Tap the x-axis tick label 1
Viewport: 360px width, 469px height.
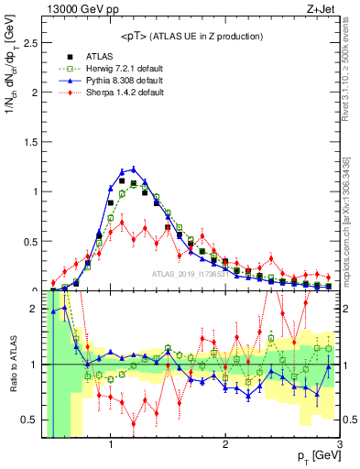click(111, 445)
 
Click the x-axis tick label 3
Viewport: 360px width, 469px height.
click(339, 445)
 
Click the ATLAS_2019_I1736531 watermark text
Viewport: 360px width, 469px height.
click(192, 276)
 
